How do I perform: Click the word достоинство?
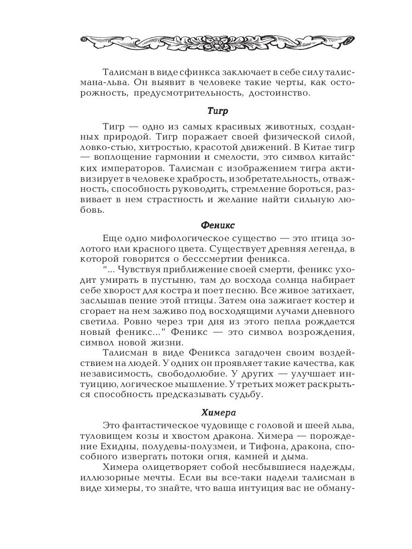coord(281,94)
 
